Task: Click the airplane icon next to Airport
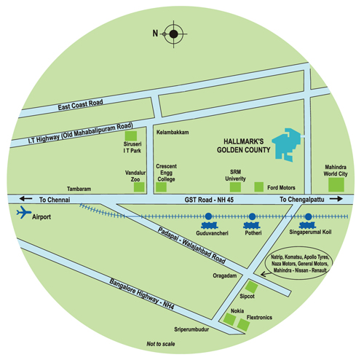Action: click(23, 212)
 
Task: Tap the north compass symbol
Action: click(173, 34)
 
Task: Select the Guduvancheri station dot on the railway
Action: click(208, 216)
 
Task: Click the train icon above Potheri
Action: click(252, 225)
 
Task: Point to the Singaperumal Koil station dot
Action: click(308, 216)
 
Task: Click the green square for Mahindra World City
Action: click(336, 184)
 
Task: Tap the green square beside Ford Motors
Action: click(259, 187)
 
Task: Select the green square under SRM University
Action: click(235, 187)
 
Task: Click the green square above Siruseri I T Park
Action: click(131, 136)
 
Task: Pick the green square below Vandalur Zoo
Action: click(139, 187)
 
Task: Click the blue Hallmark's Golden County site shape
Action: click(286, 144)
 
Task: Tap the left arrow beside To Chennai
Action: click(25, 199)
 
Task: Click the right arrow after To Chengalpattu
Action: click(336, 199)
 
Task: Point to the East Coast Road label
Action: click(80, 105)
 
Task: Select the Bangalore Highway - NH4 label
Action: click(142, 294)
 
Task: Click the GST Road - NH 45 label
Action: click(209, 200)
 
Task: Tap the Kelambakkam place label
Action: click(173, 133)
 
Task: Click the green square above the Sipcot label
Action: click(251, 286)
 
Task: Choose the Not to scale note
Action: click(161, 344)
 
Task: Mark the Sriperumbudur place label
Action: click(191, 329)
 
